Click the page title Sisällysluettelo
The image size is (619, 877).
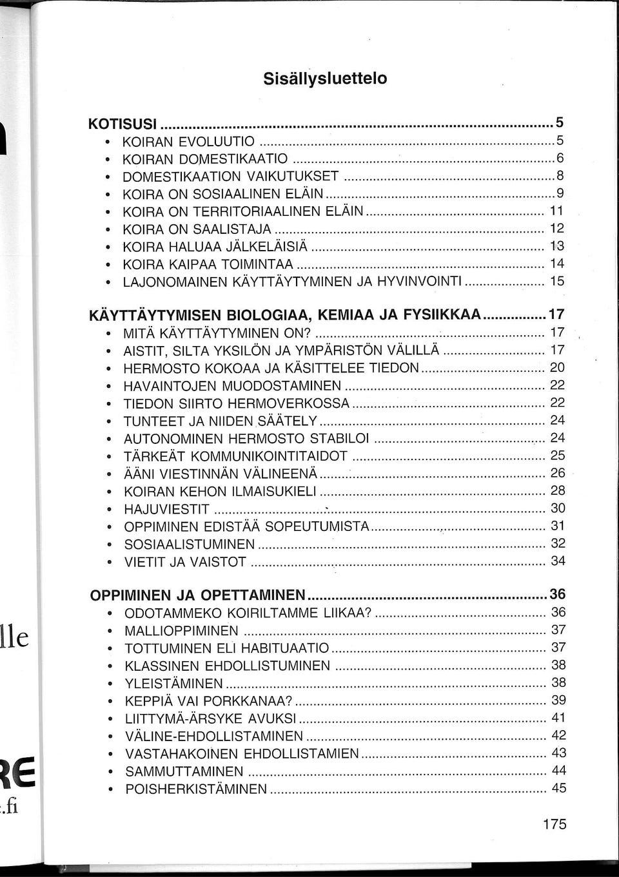coord(325,79)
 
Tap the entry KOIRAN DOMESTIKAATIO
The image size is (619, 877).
coord(205,159)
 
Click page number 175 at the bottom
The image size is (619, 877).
coord(554,824)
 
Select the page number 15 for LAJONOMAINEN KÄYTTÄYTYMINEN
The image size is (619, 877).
coord(557,281)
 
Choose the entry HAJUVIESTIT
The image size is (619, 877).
coord(166,509)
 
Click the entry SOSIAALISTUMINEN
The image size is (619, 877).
coord(190,545)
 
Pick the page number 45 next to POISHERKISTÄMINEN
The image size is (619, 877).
coord(558,788)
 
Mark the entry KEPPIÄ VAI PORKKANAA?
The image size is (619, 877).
coord(208,701)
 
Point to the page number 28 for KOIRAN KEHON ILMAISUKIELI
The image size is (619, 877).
coord(558,490)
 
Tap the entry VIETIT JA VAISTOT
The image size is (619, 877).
coord(184,562)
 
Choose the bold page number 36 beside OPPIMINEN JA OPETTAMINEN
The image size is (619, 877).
coord(557,593)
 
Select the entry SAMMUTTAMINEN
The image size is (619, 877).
coord(184,771)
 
